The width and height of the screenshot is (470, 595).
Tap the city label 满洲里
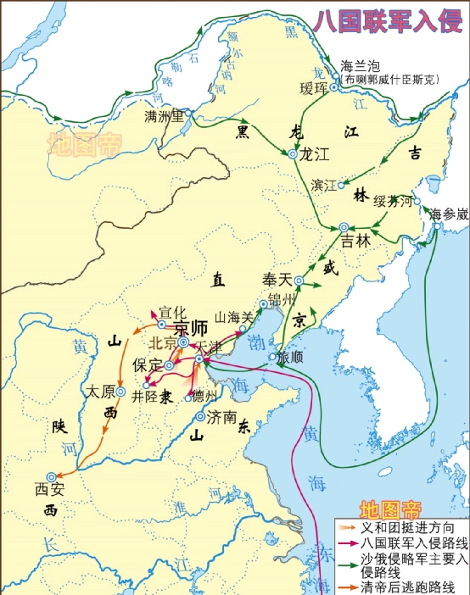click(x=165, y=115)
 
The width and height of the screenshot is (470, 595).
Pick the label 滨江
click(x=325, y=184)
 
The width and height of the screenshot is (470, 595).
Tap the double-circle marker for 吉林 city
click(x=344, y=227)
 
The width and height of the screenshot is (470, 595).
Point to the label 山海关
click(x=235, y=314)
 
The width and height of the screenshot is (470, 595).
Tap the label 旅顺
click(x=291, y=358)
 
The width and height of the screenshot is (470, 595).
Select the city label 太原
click(x=100, y=392)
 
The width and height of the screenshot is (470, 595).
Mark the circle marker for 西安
click(x=53, y=476)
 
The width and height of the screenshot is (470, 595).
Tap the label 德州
click(x=204, y=395)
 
